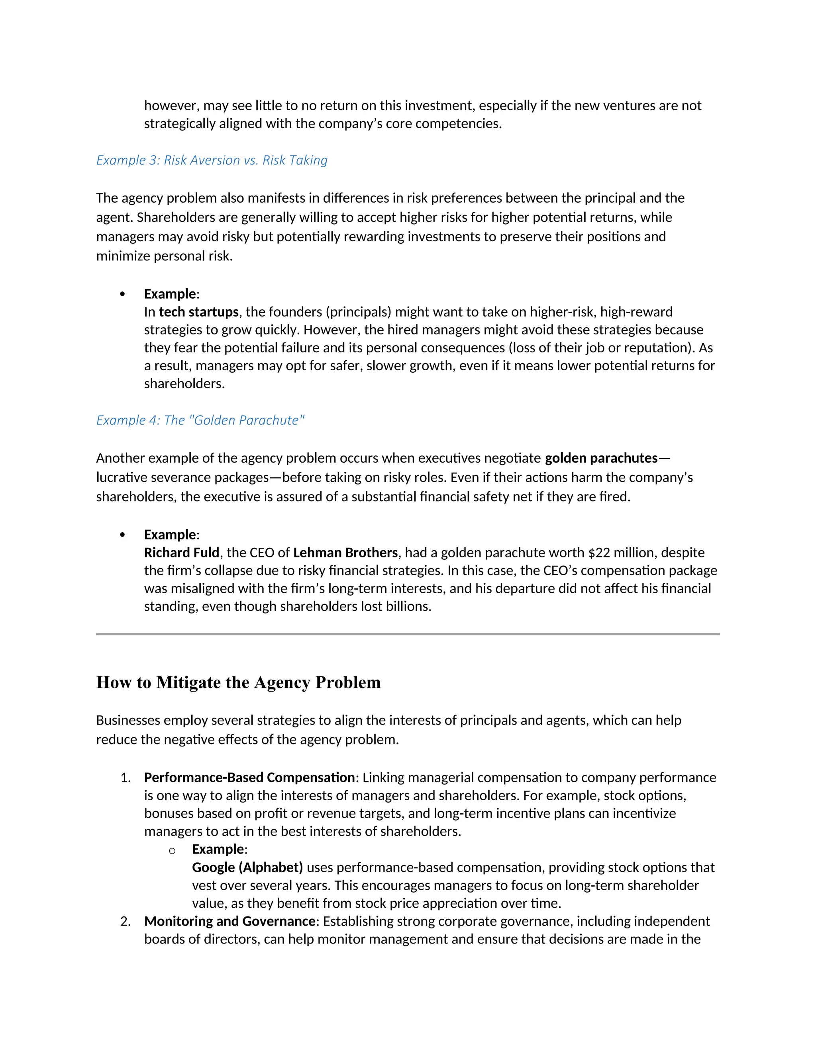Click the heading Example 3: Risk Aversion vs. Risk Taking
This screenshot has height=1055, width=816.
tap(212, 160)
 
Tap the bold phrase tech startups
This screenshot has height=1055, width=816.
tap(198, 312)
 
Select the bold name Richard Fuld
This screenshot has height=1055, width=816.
tap(181, 552)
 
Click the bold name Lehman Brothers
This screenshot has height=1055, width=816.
tap(345, 552)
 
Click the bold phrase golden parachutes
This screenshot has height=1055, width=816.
tap(601, 457)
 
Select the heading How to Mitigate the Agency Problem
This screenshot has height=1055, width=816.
tap(238, 682)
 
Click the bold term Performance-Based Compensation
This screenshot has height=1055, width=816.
tap(249, 777)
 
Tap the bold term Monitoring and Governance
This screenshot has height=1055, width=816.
tap(229, 921)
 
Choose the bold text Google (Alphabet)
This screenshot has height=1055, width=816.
tap(247, 867)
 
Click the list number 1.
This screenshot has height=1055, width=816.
tap(125, 777)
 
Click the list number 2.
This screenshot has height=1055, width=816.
tap(125, 921)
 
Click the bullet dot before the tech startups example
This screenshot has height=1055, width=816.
tap(122, 294)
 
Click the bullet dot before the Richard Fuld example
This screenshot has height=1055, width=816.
tap(122, 534)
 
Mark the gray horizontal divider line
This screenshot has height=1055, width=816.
tap(408, 634)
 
